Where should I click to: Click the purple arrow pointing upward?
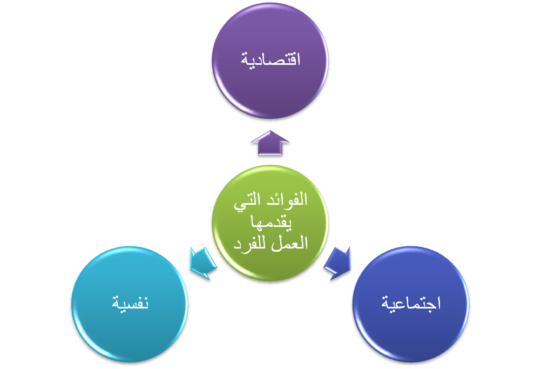(x=270, y=144)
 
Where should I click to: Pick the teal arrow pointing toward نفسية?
(x=203, y=263)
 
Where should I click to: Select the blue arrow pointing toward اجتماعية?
(x=338, y=263)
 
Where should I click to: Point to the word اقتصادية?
(x=270, y=59)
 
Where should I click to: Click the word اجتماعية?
(x=411, y=303)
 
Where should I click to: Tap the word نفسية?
(x=130, y=303)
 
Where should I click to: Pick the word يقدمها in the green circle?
(x=270, y=222)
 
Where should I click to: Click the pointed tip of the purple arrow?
(x=270, y=132)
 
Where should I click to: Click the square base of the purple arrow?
(x=270, y=151)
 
